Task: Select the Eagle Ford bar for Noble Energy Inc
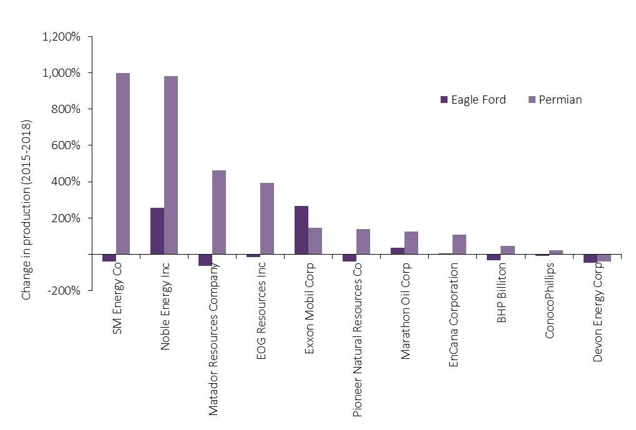(157, 231)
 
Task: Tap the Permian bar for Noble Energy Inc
(171, 165)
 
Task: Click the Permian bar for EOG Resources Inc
(267, 218)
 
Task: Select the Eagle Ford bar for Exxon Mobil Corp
(301, 230)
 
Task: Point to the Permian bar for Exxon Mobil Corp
(315, 241)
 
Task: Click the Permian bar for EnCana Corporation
(459, 245)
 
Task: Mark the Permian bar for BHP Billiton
(507, 250)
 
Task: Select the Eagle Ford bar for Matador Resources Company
(205, 260)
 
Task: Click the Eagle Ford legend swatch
(444, 100)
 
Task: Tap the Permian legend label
(560, 100)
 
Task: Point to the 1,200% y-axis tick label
(61, 36)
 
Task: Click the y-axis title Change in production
(26, 208)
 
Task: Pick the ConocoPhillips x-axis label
(549, 300)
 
